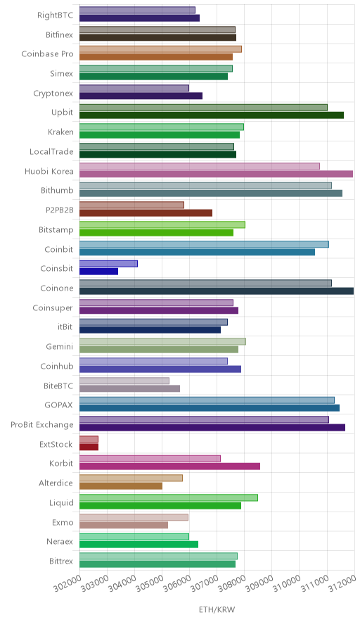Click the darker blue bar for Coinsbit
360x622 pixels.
[98, 272]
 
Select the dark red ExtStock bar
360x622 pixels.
[89, 447]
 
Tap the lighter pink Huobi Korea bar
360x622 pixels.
[200, 166]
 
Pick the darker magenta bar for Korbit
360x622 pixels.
[169, 467]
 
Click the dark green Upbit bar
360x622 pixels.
[212, 115]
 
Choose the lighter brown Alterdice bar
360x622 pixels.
[131, 478]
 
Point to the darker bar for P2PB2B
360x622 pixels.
[146, 213]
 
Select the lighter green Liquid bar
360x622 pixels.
[169, 498]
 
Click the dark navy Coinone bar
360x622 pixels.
[217, 291]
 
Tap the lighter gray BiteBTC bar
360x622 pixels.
[124, 381]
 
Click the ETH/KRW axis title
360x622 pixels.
[217, 610]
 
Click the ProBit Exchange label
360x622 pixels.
[42, 425]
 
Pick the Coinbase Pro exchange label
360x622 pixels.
[48, 54]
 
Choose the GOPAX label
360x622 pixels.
[58, 405]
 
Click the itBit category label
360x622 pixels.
[65, 327]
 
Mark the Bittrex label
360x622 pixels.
[61, 561]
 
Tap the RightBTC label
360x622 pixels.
[55, 15]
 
